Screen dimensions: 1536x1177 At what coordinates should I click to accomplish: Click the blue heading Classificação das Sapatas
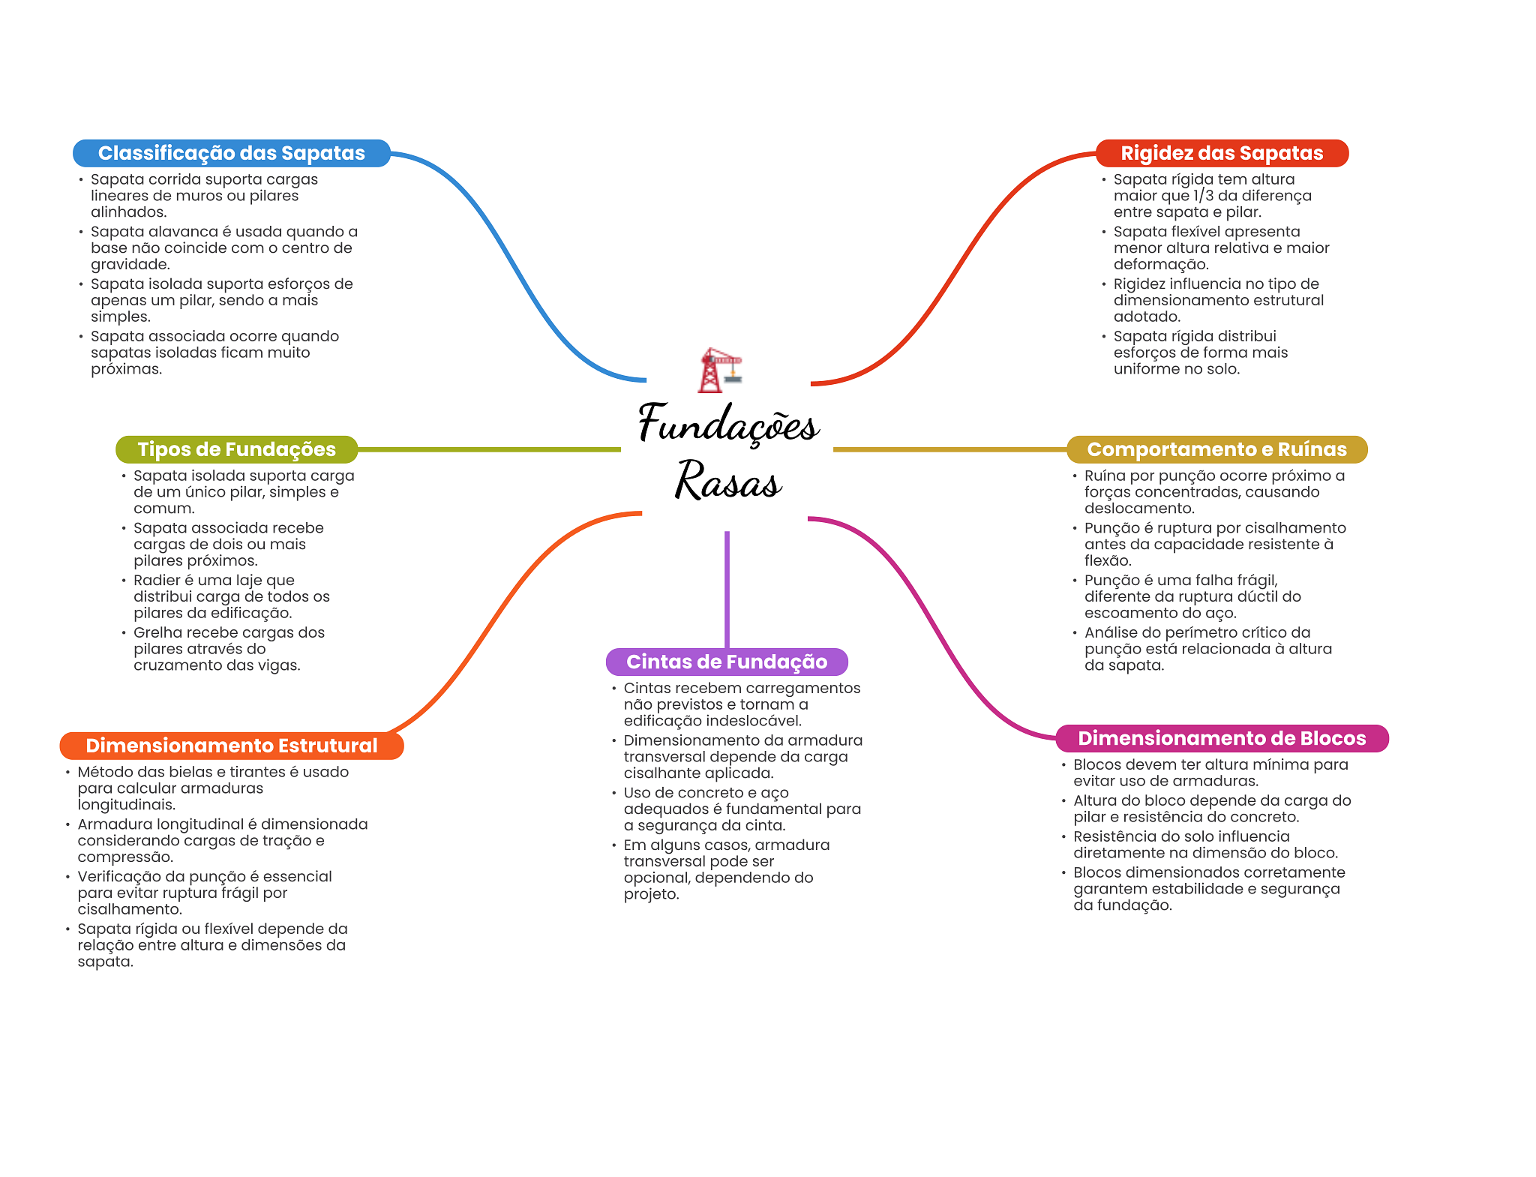pos(231,153)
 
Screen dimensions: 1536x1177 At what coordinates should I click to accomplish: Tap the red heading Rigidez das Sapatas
pos(1221,153)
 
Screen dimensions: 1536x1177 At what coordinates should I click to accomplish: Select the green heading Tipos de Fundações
pos(236,449)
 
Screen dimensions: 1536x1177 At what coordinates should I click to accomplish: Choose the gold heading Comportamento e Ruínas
pos(1216,449)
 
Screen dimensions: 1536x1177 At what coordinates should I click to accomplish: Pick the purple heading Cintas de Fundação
pos(726,662)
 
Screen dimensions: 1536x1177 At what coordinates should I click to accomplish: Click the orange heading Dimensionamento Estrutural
pos(231,746)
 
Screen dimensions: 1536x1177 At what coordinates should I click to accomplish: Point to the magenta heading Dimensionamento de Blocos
pos(1221,738)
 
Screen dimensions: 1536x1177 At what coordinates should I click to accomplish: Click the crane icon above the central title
pos(720,369)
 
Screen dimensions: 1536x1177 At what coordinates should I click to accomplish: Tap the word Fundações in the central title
pos(727,424)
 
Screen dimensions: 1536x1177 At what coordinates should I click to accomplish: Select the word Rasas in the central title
pos(727,481)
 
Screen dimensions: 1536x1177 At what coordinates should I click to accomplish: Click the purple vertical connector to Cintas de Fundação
pos(727,589)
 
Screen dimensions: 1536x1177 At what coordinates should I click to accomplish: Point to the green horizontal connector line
pos(487,449)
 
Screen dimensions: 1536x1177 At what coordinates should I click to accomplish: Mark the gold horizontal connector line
pos(949,449)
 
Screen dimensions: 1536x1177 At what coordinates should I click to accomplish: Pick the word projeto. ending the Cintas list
pos(651,894)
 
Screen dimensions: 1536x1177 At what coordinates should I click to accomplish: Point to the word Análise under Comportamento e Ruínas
pos(1111,632)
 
